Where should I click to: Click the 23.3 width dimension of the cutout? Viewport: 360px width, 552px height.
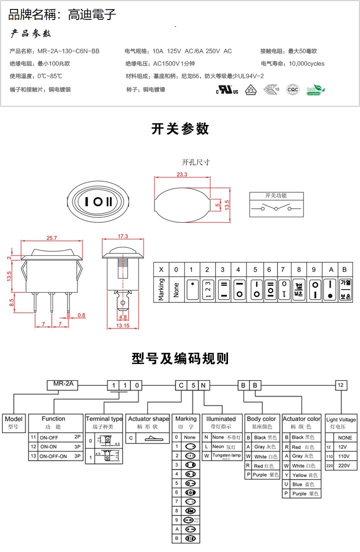tap(181, 174)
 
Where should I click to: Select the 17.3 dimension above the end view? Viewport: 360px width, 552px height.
tap(122, 236)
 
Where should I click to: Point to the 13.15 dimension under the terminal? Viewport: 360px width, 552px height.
tap(123, 326)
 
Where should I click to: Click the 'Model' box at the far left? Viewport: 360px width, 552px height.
tap(13, 423)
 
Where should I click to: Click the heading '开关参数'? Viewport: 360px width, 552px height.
tap(180, 129)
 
